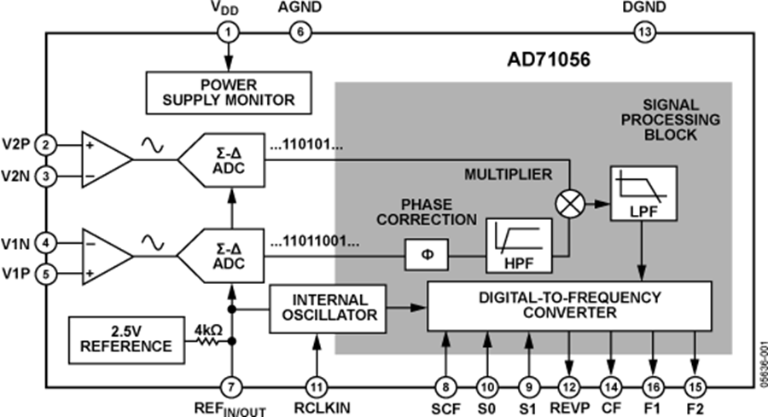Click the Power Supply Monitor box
coord(228,92)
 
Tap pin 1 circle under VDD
coord(228,34)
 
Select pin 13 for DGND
coord(643,34)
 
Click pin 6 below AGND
coord(300,34)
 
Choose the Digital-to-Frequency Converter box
coord(569,305)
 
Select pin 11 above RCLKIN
coord(318,385)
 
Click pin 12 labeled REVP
coord(569,385)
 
